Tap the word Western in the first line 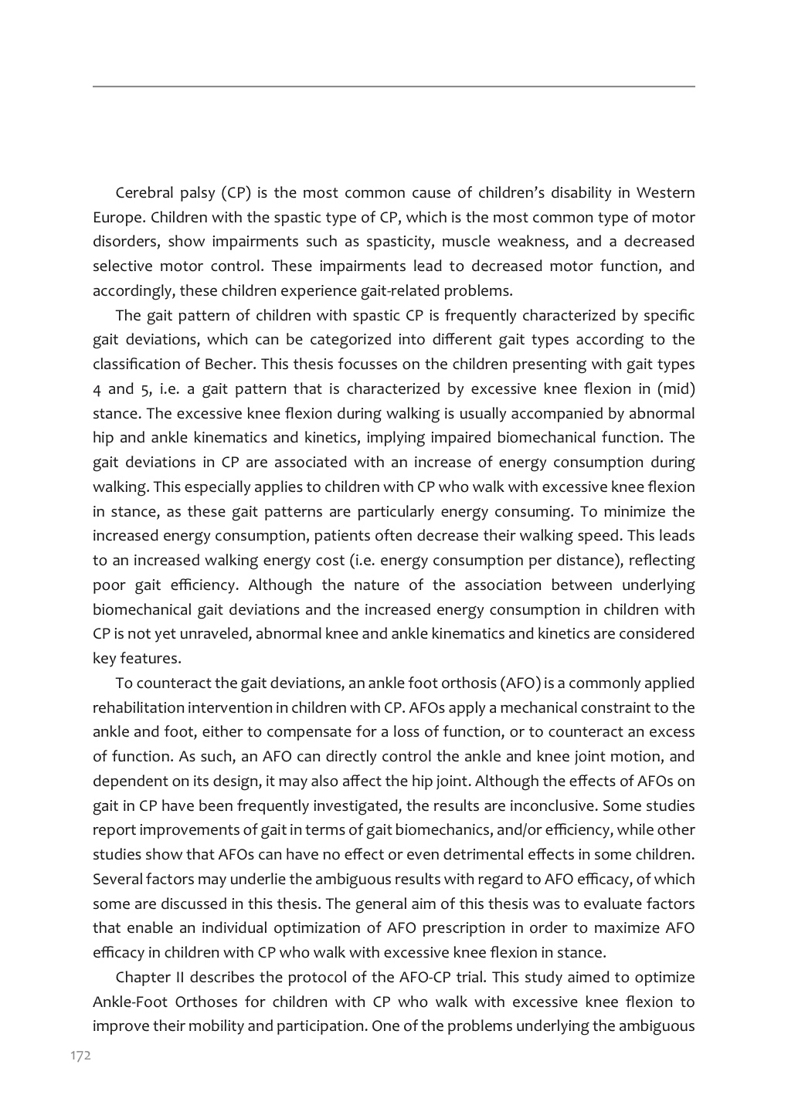665,192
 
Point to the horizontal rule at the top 394,86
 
